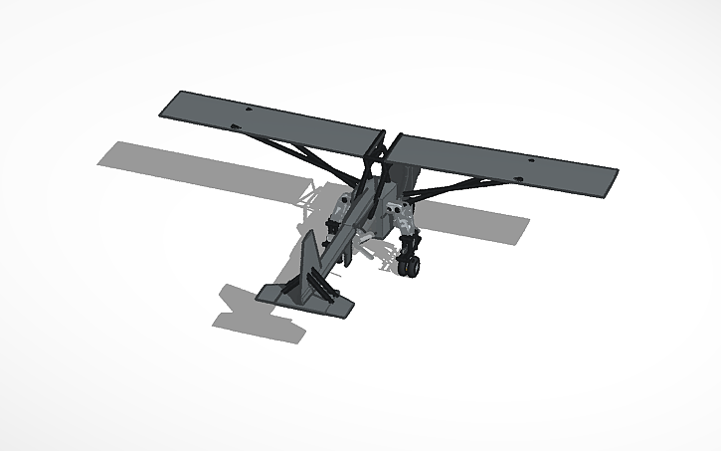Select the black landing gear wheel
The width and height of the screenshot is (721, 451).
(x=409, y=267)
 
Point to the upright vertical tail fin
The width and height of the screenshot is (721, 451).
(x=309, y=261)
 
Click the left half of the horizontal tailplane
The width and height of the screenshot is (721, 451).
(x=275, y=295)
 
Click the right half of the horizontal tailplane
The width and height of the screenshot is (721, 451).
(x=338, y=305)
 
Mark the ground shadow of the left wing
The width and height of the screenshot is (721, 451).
(x=199, y=163)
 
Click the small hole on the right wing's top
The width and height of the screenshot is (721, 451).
(x=531, y=159)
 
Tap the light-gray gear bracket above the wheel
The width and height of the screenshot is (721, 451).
(x=404, y=214)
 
